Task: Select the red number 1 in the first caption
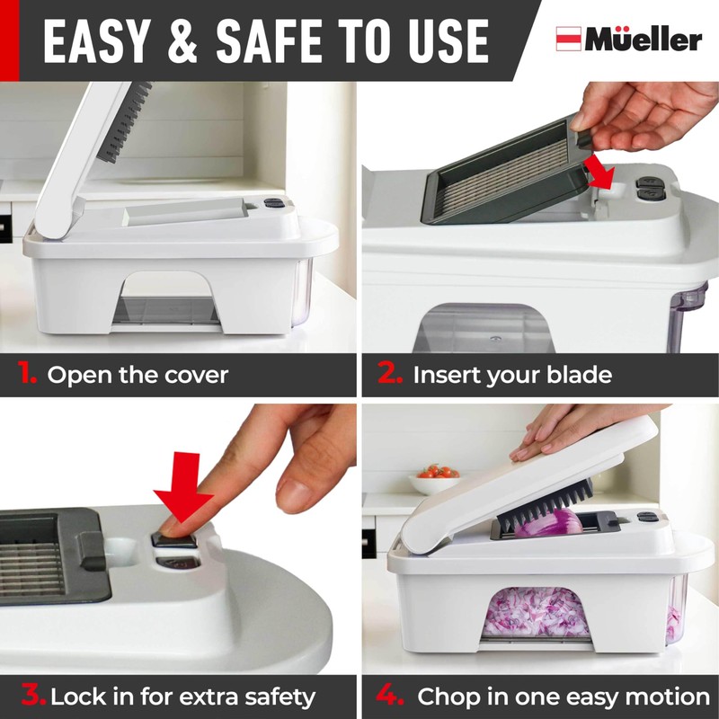pyautogui.click(x=26, y=374)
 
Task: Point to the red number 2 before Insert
pyautogui.click(x=390, y=374)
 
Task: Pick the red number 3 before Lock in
pyautogui.click(x=33, y=695)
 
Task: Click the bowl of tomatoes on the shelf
pyautogui.click(x=434, y=480)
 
